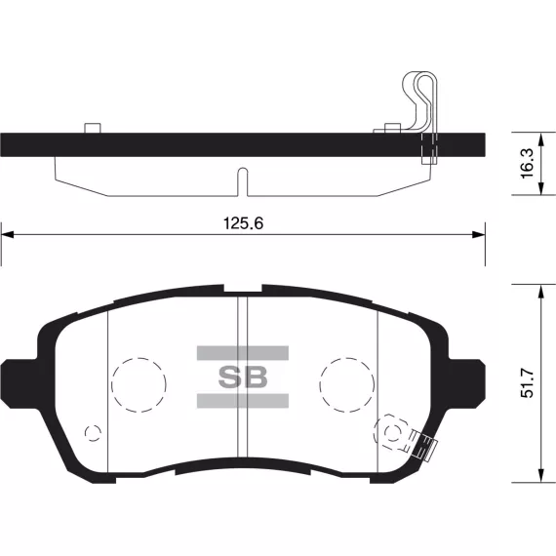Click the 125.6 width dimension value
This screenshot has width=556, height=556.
point(243,223)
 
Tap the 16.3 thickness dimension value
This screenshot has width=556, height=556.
point(527,164)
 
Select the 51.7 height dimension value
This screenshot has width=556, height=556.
point(527,383)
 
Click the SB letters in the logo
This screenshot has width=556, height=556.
point(243,377)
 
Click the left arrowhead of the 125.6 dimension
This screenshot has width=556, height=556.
point(8,234)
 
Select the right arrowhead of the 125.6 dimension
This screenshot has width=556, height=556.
point(478,234)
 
